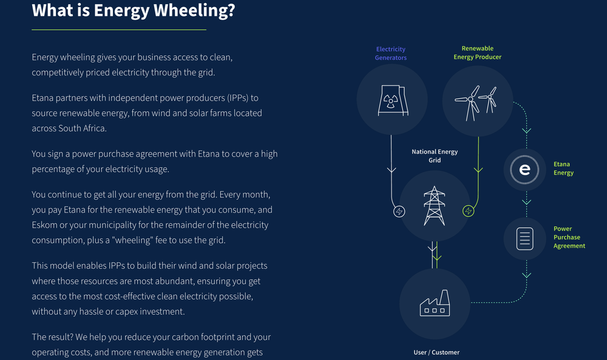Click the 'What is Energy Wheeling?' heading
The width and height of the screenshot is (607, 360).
[133, 10]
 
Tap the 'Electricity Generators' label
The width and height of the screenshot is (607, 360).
[391, 53]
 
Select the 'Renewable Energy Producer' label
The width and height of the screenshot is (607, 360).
[478, 53]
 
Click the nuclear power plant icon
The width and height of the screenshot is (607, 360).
[391, 98]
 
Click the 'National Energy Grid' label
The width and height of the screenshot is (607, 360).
[435, 156]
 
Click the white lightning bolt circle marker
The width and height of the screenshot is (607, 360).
[399, 211]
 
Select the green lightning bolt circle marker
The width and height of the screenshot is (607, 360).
[469, 211]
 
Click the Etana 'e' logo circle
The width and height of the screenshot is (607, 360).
[525, 170]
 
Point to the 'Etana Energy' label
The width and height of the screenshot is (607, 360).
[563, 168]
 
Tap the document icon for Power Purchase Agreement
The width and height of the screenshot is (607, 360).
[525, 239]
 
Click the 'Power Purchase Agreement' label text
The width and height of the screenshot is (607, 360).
[569, 237]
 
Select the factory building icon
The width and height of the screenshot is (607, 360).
[435, 303]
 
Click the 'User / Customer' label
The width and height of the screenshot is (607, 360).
[436, 352]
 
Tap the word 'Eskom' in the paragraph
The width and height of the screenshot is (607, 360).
[45, 225]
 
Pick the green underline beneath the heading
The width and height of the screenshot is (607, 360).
[119, 29]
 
